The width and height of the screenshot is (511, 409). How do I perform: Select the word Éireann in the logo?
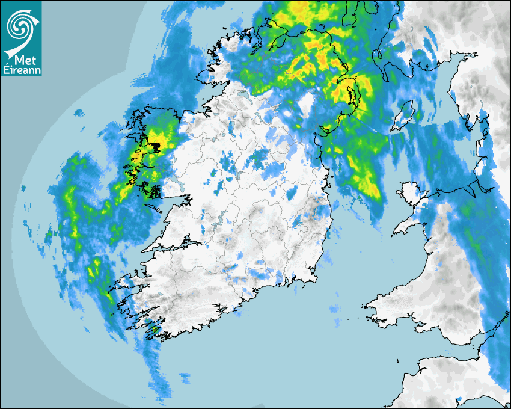pyautogui.click(x=21, y=70)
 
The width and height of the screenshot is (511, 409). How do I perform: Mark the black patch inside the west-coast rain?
pyautogui.click(x=155, y=146)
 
